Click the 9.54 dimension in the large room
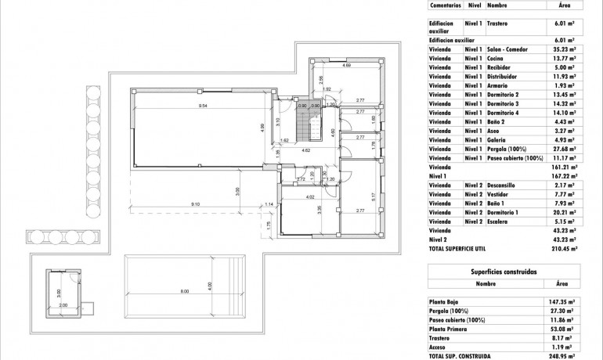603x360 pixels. (x=201, y=104)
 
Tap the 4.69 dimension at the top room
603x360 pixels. (x=346, y=65)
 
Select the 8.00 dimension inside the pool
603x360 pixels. (x=184, y=292)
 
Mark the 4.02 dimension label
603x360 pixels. (x=310, y=196)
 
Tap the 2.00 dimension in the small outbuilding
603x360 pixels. (x=63, y=305)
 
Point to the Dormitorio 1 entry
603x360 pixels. (x=506, y=212)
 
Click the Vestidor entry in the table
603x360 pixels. (x=500, y=193)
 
